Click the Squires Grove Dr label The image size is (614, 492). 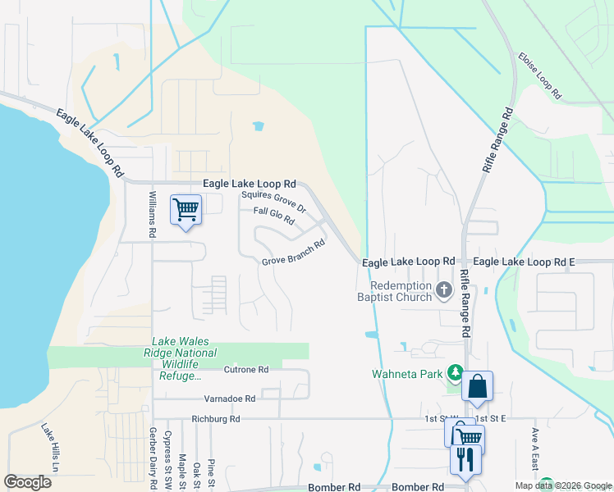pos(273,202)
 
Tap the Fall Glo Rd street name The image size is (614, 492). pos(273,216)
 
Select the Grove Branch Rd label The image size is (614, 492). pos(293,253)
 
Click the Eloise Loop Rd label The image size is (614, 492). pos(539,76)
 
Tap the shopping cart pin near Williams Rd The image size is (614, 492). pos(186,210)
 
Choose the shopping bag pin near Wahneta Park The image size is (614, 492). pos(477,386)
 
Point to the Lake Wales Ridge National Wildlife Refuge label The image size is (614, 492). pos(185,358)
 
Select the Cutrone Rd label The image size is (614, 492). pos(246,370)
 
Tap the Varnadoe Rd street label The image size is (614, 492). pos(230,399)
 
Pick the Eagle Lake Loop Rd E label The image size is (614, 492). pos(525,261)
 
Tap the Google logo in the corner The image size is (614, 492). pos(27,481)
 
